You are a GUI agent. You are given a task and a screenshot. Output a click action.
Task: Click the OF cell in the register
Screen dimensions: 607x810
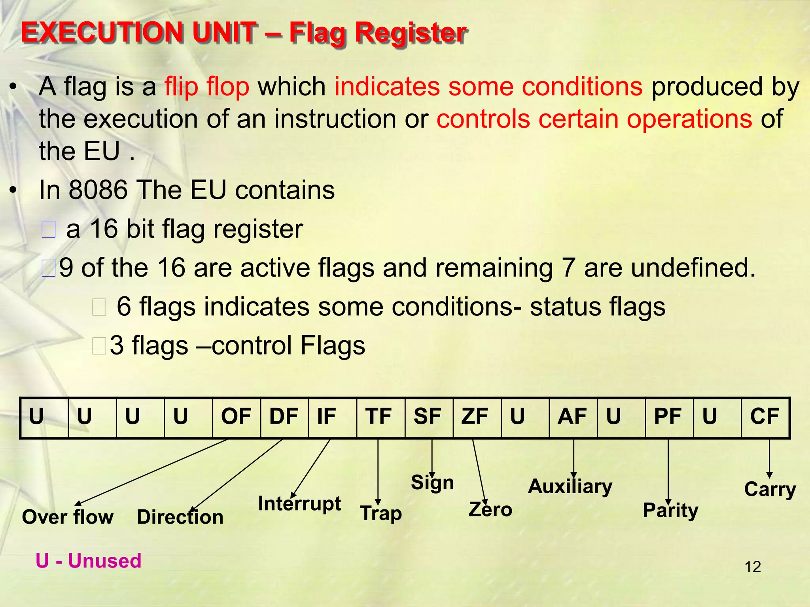point(236,417)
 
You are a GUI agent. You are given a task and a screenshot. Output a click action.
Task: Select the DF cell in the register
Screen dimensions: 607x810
point(284,417)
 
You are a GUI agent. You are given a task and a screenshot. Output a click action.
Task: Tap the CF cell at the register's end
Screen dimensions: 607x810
point(765,417)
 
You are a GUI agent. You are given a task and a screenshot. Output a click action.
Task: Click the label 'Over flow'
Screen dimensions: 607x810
point(68,517)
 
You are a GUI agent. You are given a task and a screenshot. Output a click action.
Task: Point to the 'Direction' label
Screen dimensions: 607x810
point(180,517)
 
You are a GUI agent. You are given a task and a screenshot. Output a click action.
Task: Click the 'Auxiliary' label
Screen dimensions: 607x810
point(570,487)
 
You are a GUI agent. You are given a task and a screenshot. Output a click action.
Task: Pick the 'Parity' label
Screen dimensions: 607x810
point(670,511)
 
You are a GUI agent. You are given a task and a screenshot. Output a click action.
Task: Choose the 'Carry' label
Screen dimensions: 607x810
point(770,490)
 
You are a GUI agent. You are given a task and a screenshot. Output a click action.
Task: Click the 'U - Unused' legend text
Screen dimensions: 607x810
point(89,561)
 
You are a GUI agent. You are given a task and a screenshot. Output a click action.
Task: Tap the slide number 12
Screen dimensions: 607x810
point(753,567)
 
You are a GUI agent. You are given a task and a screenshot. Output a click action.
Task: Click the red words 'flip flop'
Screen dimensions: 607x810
point(207,87)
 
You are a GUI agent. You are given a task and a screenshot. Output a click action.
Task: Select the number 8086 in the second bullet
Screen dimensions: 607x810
point(98,190)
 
